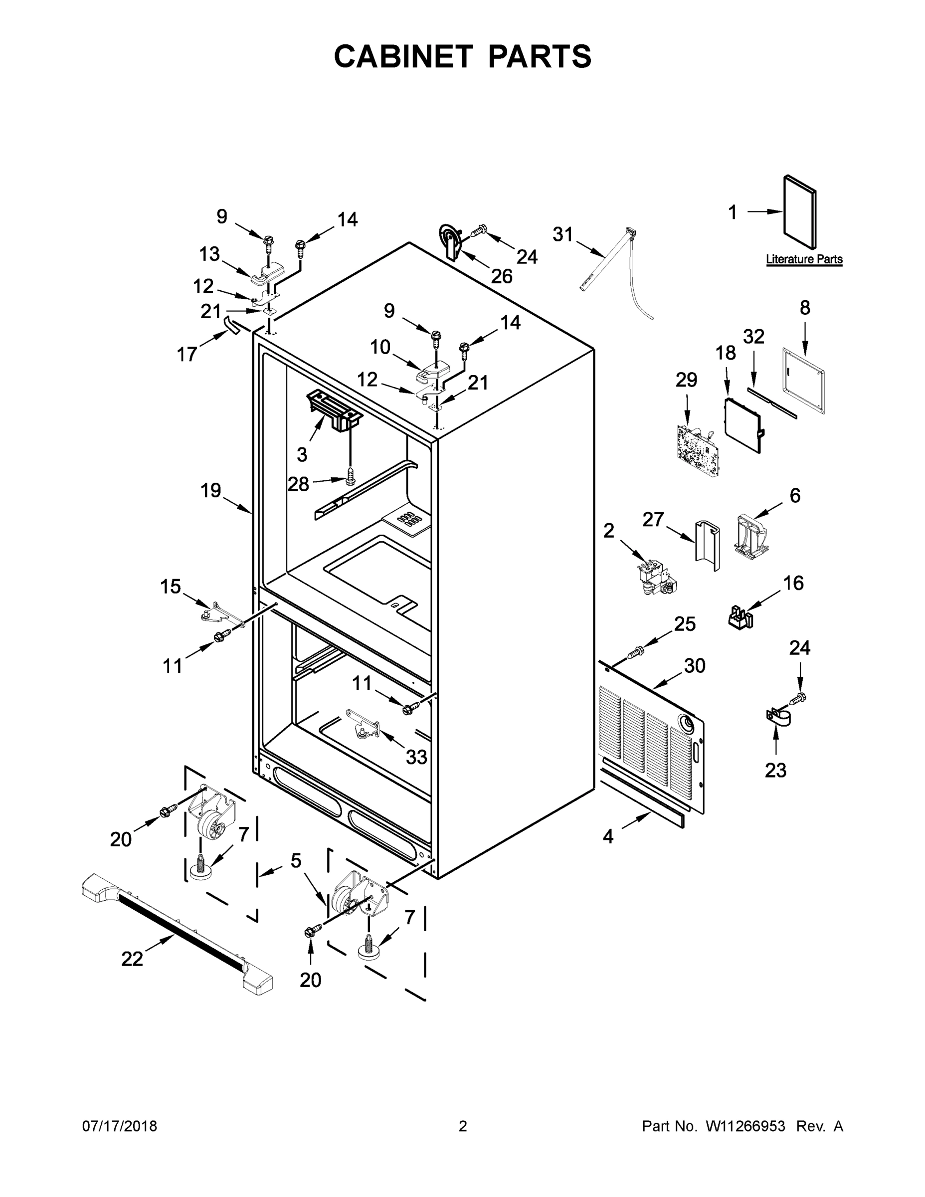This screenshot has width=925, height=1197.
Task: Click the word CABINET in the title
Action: coord(403,56)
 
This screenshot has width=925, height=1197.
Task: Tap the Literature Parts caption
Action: coord(803,259)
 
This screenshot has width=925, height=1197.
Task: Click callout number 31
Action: coord(562,234)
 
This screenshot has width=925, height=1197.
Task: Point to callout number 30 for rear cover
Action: coord(694,666)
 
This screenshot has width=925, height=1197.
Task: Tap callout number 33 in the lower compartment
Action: coord(416,757)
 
